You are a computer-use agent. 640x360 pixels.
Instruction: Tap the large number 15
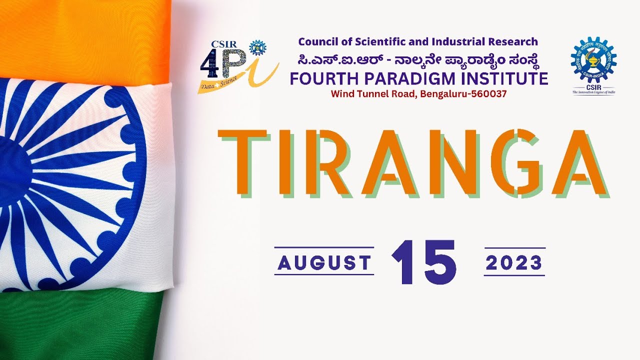[x=424, y=263]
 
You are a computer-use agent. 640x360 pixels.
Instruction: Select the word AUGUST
[x=324, y=263]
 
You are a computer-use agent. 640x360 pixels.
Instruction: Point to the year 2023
[x=514, y=263]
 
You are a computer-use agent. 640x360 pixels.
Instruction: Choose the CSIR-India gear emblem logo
[x=593, y=62]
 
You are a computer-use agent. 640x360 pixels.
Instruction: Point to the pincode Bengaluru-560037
[x=463, y=93]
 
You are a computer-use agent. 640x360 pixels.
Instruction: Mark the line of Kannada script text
[x=418, y=60]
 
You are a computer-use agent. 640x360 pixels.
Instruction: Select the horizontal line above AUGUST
[x=324, y=247]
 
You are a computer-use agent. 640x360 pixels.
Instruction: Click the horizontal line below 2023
[x=514, y=275]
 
